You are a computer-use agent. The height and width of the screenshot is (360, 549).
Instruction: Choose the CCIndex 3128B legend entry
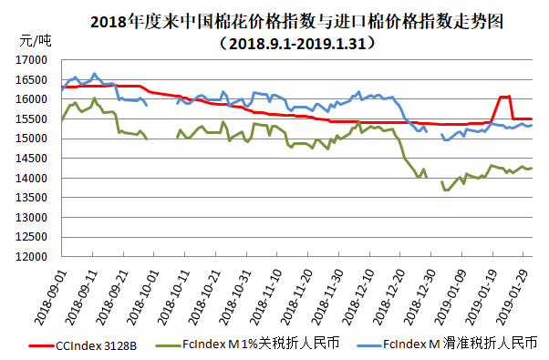tap(96, 345)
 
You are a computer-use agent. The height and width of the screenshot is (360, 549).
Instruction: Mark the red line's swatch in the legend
tap(40, 345)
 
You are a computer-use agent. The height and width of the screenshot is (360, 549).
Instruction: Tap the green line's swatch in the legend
tap(167, 345)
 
